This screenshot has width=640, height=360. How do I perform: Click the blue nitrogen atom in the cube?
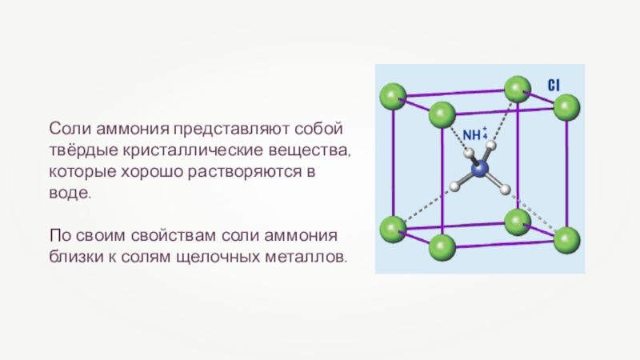tap(479, 169)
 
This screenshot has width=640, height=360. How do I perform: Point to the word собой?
tap(321, 128)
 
